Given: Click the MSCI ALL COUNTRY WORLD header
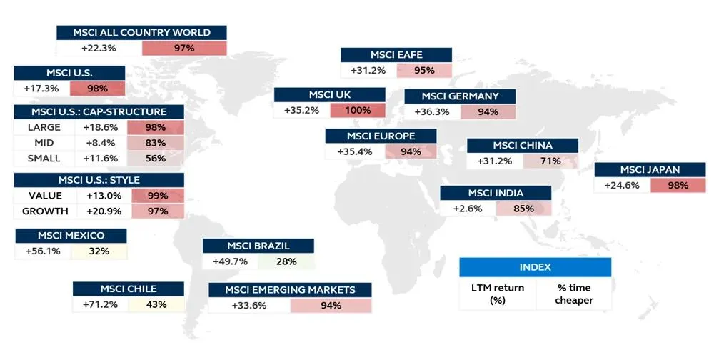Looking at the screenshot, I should [141, 33].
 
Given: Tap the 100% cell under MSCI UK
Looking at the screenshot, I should [357, 111].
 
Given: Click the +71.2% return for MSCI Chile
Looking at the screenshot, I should [101, 304].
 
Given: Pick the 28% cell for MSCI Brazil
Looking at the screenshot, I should [286, 261].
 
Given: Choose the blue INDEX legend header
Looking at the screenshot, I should [535, 267].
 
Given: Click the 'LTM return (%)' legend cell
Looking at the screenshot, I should [498, 294].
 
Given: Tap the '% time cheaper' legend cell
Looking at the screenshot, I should [574, 294].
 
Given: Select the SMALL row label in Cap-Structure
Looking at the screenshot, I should [44, 159].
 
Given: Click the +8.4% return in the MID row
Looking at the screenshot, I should [99, 143].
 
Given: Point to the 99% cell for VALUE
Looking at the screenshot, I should [155, 196].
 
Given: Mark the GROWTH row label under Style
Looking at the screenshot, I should [45, 211].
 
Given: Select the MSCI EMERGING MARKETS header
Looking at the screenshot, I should [290, 290].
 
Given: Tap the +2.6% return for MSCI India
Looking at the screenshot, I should [467, 209].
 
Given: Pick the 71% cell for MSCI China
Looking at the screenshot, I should [550, 161].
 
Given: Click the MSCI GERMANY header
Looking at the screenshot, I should [460, 96].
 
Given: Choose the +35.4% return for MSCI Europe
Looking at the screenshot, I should [354, 151].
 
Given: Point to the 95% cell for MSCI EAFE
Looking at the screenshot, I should [424, 71].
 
